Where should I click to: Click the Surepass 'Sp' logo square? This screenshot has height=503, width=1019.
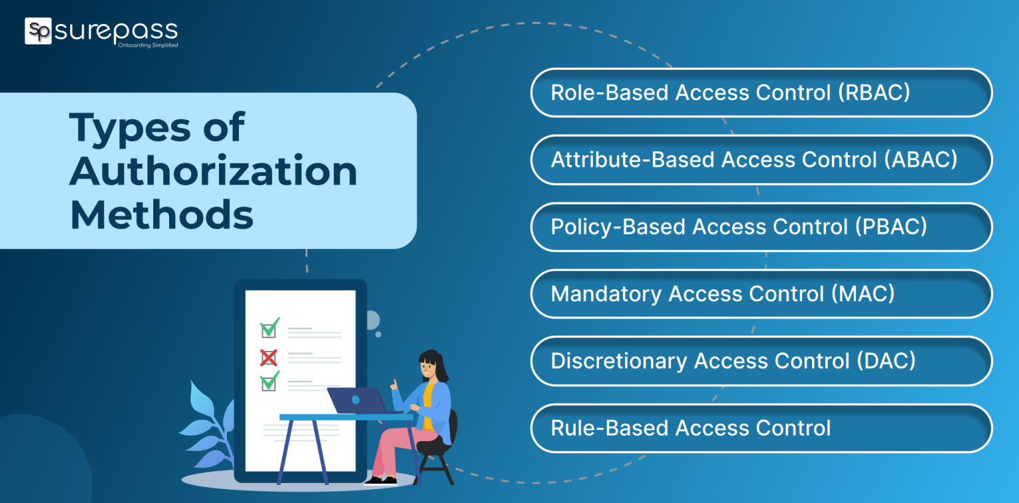click(x=38, y=31)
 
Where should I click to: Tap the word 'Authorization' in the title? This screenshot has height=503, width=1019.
click(x=213, y=171)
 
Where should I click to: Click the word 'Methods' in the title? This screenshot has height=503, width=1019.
click(x=161, y=215)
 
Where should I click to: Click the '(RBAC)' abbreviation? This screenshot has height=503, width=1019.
click(x=874, y=93)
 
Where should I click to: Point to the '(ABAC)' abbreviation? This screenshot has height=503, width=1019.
click(x=921, y=160)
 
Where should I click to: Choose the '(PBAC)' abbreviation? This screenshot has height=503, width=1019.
click(x=891, y=227)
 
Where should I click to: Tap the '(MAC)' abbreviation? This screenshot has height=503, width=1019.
click(x=863, y=294)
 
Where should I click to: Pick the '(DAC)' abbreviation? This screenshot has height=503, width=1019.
click(x=886, y=361)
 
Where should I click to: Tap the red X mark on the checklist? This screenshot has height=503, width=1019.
click(x=268, y=358)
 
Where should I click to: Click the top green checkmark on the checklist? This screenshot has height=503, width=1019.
click(x=269, y=328)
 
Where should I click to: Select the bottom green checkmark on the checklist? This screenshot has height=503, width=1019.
click(x=269, y=382)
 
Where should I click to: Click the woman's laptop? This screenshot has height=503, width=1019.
click(x=356, y=401)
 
